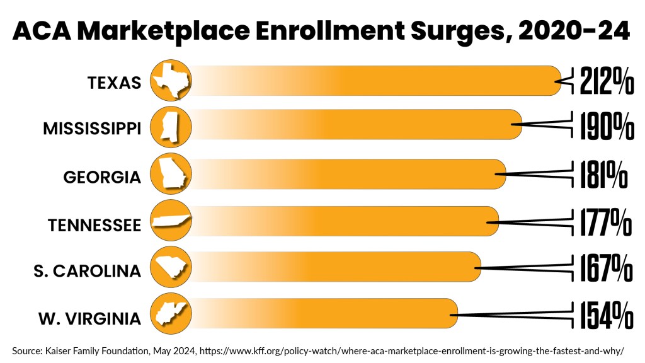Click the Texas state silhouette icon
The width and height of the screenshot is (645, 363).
(x=171, y=80)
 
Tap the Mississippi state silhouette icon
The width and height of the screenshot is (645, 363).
(x=171, y=125)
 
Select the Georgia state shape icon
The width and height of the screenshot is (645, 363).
(x=171, y=173)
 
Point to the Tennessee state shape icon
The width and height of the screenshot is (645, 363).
(x=171, y=221)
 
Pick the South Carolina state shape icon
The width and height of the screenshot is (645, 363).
(x=171, y=268)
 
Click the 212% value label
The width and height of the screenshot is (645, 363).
(x=607, y=81)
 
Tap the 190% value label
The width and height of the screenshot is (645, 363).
(x=607, y=127)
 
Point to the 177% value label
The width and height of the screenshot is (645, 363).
(x=605, y=222)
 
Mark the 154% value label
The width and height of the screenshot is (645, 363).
(x=606, y=315)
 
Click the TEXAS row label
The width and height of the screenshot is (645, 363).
(x=114, y=83)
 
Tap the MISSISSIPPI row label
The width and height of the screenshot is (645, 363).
(x=92, y=129)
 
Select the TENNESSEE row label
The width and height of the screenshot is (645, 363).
(x=94, y=225)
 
